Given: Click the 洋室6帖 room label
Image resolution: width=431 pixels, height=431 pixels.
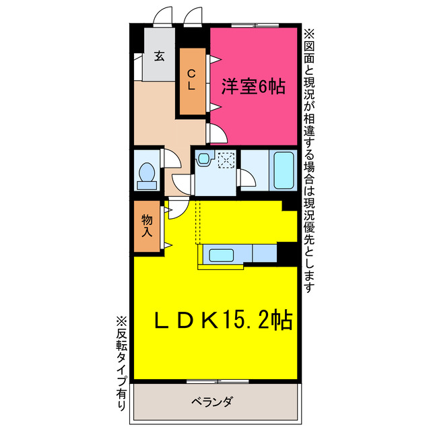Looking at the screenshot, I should point(253,86).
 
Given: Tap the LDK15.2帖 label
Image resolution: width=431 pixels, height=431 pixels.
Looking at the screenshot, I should point(225,321).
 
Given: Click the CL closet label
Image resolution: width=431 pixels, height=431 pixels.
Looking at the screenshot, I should point(191,79).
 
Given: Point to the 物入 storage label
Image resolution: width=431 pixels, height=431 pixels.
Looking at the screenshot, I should point(147,226).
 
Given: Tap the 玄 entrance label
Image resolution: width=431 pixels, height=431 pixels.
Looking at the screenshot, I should point(160,56).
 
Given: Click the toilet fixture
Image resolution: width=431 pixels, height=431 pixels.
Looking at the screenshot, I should point(145,174).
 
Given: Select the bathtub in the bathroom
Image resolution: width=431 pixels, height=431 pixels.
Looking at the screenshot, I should point(284,171).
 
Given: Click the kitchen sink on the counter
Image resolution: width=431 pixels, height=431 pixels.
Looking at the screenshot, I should point(222,255).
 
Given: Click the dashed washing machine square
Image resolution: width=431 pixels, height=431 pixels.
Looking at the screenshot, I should point(226,160).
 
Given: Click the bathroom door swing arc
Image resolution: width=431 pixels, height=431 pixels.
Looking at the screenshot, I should point(247,178).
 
